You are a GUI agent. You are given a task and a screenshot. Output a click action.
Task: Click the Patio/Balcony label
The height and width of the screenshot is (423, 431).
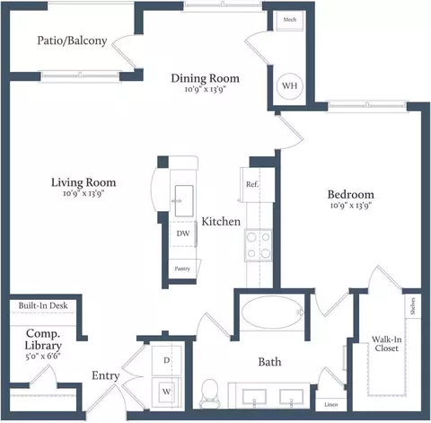pyautogui.click(x=73, y=40)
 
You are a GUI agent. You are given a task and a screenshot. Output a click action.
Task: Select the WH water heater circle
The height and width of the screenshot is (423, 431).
pyautogui.click(x=290, y=86)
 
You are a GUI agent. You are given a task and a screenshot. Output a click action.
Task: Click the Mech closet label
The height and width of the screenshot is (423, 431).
pyautogui.click(x=290, y=19)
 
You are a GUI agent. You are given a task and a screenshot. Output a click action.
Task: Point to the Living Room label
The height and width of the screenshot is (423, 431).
pyautogui.click(x=83, y=182)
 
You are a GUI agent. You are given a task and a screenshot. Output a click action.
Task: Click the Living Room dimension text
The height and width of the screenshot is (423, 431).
pyautogui.click(x=83, y=195)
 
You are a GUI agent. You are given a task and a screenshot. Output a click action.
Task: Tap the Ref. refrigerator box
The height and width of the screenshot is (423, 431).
pyautogui.click(x=252, y=185)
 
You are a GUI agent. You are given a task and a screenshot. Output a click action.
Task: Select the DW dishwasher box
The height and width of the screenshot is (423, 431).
pyautogui.click(x=182, y=234)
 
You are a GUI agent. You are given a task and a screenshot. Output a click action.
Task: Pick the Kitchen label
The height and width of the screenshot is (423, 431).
pyautogui.click(x=220, y=221)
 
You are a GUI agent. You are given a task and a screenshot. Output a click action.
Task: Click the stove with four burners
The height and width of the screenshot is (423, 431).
pyautogui.click(x=259, y=243)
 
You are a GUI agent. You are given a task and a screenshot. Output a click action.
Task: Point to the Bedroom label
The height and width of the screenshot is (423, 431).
pyautogui.click(x=350, y=194)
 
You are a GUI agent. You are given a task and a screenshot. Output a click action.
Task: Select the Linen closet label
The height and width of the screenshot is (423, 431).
pyautogui.click(x=331, y=404)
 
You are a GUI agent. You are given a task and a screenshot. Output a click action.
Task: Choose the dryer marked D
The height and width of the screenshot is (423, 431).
pyautogui.click(x=167, y=360)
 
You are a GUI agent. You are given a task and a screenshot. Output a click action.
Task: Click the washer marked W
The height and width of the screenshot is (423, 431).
pyautogui.click(x=167, y=391)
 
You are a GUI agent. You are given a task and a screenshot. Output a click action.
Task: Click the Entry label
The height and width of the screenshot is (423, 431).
pyautogui.click(x=107, y=375)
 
